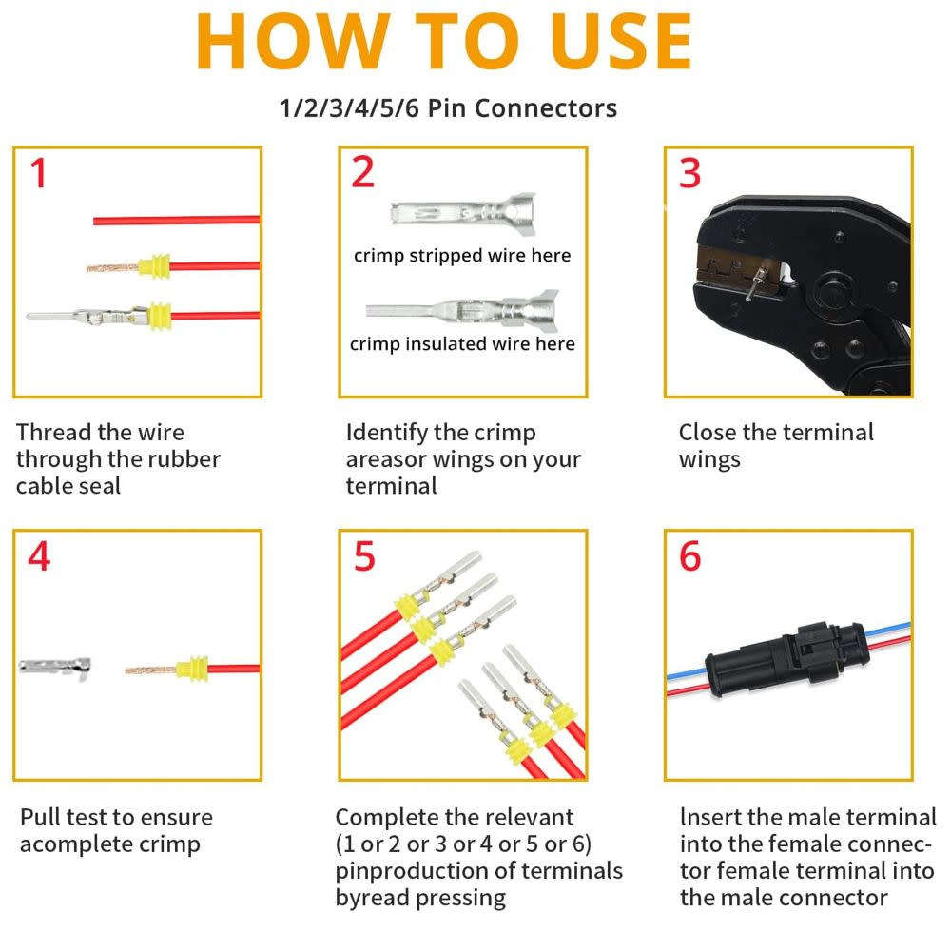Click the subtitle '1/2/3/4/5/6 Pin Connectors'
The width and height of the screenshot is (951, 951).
pos(448,108)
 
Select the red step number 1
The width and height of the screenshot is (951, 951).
pos(38,174)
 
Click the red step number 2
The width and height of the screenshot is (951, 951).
pos(363,172)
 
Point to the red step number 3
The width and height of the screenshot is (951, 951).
pos(689,173)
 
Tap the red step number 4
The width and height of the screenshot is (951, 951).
pos(39,556)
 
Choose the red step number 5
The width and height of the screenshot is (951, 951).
pos(364,556)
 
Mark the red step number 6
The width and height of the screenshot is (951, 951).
pos(690,556)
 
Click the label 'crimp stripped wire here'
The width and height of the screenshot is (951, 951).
pos(462,256)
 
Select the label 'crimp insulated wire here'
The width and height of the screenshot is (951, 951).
pos(462,344)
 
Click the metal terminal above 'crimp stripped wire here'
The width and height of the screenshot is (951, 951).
pos(462,211)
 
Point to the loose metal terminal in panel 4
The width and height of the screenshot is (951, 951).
pos(57,667)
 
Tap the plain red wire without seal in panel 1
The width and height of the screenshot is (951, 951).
pos(176,220)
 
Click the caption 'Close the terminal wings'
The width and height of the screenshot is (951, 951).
pos(775,446)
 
